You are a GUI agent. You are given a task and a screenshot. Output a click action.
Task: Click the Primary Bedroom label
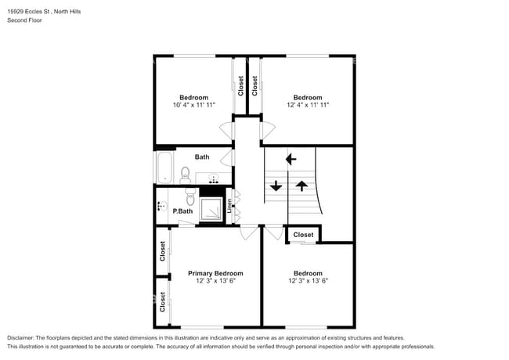click(215, 273)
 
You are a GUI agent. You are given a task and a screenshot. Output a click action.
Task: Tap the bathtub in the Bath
click(164, 167)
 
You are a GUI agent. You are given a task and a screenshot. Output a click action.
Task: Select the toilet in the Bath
click(186, 175)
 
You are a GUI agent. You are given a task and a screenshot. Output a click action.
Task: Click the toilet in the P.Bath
click(190, 196)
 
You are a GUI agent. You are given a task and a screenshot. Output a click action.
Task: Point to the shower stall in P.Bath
click(211, 209)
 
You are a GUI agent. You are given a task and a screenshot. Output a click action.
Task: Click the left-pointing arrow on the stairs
click(291, 159)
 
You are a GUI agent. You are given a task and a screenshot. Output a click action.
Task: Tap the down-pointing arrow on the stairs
click(276, 185)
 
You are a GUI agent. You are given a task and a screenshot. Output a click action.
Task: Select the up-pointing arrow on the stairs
click(302, 185)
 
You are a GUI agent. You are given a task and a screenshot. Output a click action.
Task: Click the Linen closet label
click(229, 206)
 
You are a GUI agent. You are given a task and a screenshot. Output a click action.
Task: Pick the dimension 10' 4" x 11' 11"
click(194, 105)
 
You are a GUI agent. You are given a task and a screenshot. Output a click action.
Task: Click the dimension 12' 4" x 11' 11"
click(308, 105)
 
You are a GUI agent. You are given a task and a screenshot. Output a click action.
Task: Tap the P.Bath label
click(182, 211)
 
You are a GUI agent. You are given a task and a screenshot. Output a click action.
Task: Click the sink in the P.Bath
click(161, 206)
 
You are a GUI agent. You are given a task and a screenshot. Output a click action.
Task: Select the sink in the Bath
click(214, 178)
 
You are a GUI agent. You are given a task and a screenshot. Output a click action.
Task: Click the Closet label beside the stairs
click(303, 235)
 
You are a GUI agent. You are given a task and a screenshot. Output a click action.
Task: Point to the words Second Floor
click(25, 20)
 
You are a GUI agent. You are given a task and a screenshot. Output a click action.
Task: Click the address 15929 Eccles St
click(28, 12)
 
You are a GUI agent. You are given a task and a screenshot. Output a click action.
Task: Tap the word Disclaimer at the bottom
click(20, 338)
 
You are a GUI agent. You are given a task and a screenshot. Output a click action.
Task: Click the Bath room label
click(202, 157)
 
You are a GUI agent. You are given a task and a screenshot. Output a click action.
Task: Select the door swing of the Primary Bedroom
click(249, 232)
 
